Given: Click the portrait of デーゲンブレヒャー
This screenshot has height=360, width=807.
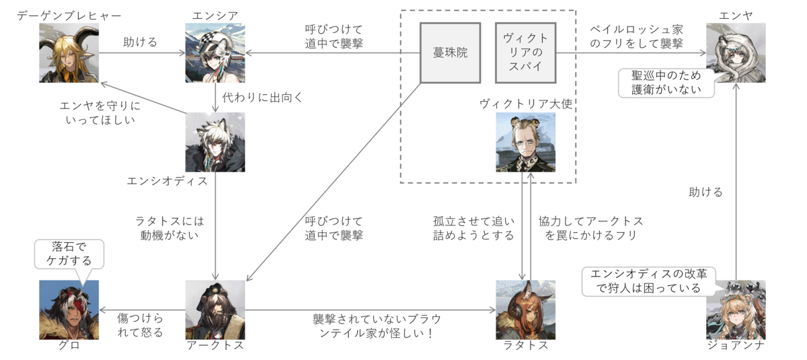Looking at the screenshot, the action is pos(69,53).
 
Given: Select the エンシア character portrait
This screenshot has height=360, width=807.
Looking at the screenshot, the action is pos(215,53).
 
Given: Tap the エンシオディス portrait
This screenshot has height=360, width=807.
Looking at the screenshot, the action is pos(215,142).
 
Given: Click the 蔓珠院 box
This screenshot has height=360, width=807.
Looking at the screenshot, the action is pos(451,53).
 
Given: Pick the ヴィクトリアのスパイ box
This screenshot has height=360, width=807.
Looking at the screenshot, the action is pos(526,53).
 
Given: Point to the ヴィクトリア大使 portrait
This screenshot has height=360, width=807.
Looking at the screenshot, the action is pos(526,142).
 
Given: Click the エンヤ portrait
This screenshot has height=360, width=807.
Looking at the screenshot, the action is pos(736,53).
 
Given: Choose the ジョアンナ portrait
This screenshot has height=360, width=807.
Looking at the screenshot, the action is pos(736,310).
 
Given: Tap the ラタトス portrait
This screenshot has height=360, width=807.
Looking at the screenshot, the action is pos(526,310).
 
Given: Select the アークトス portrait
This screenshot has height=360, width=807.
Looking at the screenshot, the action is pos(215,310).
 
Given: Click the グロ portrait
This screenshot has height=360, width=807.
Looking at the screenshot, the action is pos(69,310).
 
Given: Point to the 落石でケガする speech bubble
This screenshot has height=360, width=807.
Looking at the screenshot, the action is pos(69,254).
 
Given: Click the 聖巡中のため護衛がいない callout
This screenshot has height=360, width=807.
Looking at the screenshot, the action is pos(666,83).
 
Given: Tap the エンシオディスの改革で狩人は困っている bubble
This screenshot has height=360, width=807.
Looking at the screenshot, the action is pos(648,281).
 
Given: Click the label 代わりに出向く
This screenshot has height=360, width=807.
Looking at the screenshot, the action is pos(262,98).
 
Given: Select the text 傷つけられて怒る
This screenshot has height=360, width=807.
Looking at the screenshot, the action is pos(140,325).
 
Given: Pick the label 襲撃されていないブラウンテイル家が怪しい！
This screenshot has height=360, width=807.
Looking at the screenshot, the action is pos(377,326).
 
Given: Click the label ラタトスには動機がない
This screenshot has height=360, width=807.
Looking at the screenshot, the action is pos(169,228).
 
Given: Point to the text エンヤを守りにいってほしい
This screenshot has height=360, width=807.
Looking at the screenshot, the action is pos(100,113).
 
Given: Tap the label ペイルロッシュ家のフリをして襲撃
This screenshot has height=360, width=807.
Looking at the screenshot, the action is pos(637,36).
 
